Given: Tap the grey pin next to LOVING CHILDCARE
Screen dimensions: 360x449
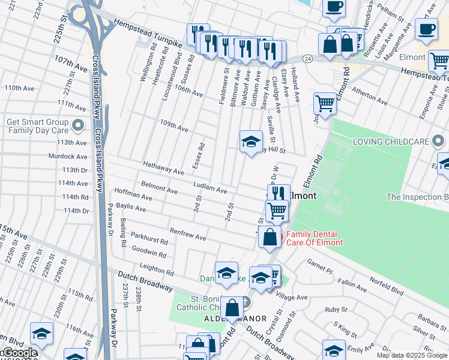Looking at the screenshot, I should (438, 142).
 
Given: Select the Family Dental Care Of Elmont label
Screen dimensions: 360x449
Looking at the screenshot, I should (314, 238).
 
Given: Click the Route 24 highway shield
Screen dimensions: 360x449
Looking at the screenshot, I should (307, 59).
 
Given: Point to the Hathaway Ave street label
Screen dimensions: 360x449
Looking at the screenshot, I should (163, 168).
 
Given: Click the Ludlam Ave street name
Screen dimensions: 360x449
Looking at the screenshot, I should (209, 187).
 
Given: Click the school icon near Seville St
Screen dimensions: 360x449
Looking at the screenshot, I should (251, 142).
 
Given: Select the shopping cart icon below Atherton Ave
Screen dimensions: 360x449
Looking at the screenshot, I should (325, 103).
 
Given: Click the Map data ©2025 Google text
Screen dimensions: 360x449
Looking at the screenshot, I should (412, 355).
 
